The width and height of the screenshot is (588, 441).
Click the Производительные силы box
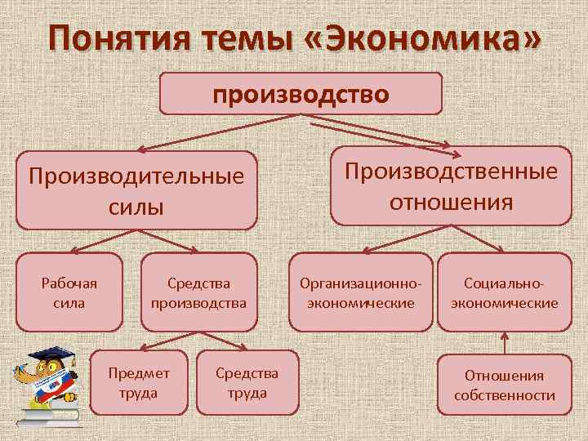[136, 190]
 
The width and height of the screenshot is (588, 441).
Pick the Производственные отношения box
[451, 185]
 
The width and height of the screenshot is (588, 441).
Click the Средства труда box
[247, 381]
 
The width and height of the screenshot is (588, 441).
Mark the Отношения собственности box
[504, 385]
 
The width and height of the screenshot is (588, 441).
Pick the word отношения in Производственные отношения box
[451, 201]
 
